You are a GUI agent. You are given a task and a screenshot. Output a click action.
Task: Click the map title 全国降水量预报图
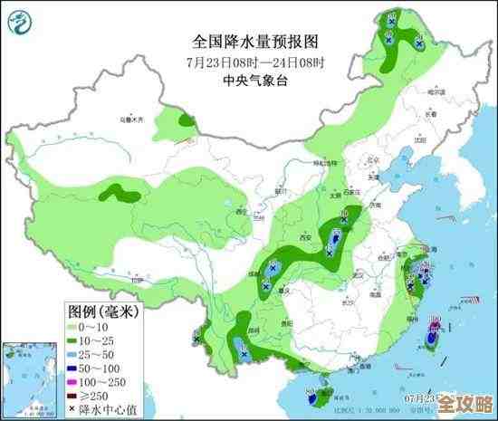click(255, 42)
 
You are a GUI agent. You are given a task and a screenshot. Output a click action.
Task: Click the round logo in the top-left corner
click(20, 20)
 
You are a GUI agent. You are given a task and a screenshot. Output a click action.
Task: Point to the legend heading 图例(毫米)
click(101, 312)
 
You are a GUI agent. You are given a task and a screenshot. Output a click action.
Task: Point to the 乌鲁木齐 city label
click(133, 119)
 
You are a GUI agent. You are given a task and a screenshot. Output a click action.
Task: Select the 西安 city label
click(241, 212)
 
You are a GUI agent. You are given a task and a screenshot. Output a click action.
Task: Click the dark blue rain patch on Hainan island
click(313, 395)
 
